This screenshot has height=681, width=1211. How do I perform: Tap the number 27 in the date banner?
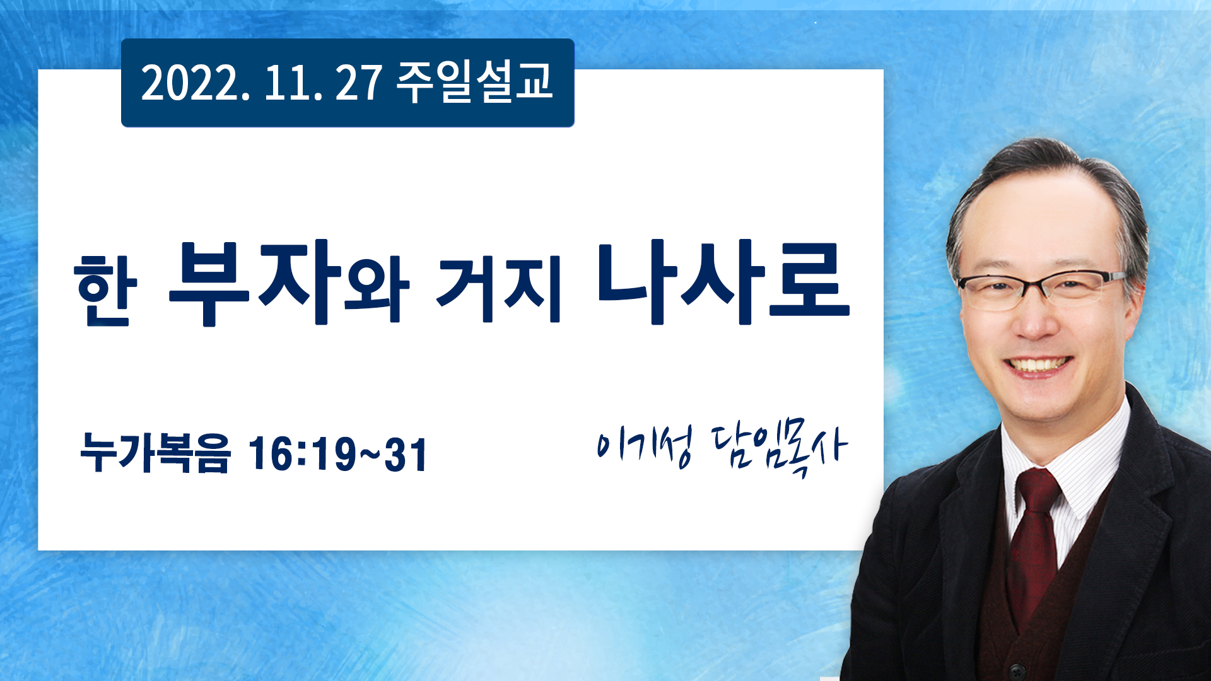coord(358,83)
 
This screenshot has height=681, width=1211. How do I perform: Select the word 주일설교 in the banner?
coord(474,82)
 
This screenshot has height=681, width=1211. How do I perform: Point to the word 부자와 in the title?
coord(289,283)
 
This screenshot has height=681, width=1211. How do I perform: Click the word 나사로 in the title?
coord(723,282)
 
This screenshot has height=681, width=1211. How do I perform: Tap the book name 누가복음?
coord(155,453)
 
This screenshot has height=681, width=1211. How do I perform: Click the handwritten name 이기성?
coord(643,446)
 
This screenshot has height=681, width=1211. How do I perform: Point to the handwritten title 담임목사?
coord(780,450)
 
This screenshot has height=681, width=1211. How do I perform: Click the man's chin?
coord(1041,407)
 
